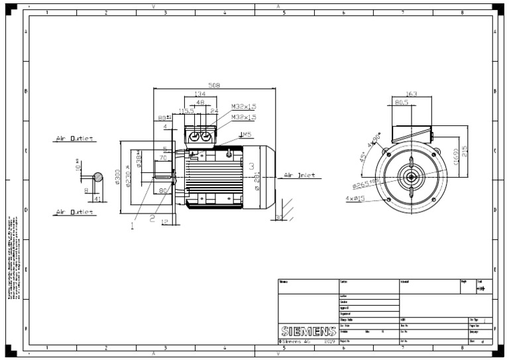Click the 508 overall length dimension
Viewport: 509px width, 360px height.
(214, 85)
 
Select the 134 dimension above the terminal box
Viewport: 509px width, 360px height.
(199, 94)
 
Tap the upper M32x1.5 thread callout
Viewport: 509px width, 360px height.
(243, 106)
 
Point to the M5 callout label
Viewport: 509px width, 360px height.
(246, 135)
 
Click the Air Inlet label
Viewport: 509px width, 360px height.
(299, 176)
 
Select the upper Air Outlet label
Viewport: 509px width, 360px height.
(74, 139)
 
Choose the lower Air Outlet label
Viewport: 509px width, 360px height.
(74, 212)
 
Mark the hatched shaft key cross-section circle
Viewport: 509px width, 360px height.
(98, 177)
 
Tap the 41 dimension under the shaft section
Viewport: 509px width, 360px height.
(97, 198)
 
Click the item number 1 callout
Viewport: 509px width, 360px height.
(132, 225)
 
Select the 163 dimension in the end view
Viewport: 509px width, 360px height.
(411, 94)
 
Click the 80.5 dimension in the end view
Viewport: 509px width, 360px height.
(402, 103)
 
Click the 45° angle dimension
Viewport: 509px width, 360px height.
(363, 158)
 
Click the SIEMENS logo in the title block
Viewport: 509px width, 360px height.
(308, 330)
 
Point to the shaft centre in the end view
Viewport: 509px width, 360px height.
(412, 176)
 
